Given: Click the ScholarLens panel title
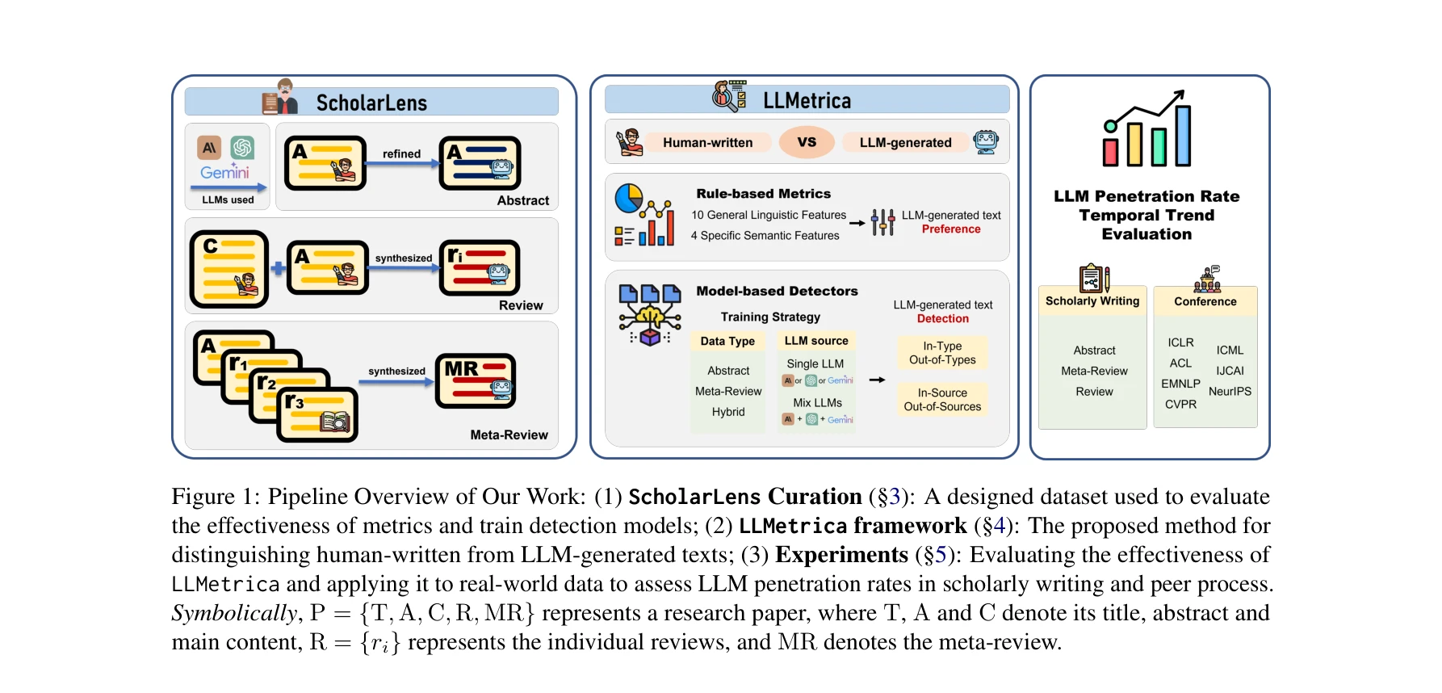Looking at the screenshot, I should [371, 103].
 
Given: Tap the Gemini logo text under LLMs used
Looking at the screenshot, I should [224, 172].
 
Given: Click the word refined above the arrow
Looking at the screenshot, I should [401, 153].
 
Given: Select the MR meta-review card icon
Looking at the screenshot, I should [475, 380].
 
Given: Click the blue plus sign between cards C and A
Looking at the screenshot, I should [278, 268].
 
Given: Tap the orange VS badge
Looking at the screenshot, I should [807, 142].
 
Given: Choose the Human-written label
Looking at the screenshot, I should [707, 143].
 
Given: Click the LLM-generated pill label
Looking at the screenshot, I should [905, 143].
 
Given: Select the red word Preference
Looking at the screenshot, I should [951, 229].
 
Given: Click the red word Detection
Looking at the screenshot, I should [942, 319].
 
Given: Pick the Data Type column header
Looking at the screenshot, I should [727, 342].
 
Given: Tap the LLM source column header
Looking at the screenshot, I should [816, 341].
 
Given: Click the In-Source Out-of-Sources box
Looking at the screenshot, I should [942, 400].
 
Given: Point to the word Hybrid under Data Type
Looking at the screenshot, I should [728, 412].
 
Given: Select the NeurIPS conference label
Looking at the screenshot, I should [1230, 392].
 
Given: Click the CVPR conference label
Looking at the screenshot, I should [1180, 404].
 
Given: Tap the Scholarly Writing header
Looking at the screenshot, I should [1092, 301].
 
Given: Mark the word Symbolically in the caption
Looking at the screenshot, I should [234, 613].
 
